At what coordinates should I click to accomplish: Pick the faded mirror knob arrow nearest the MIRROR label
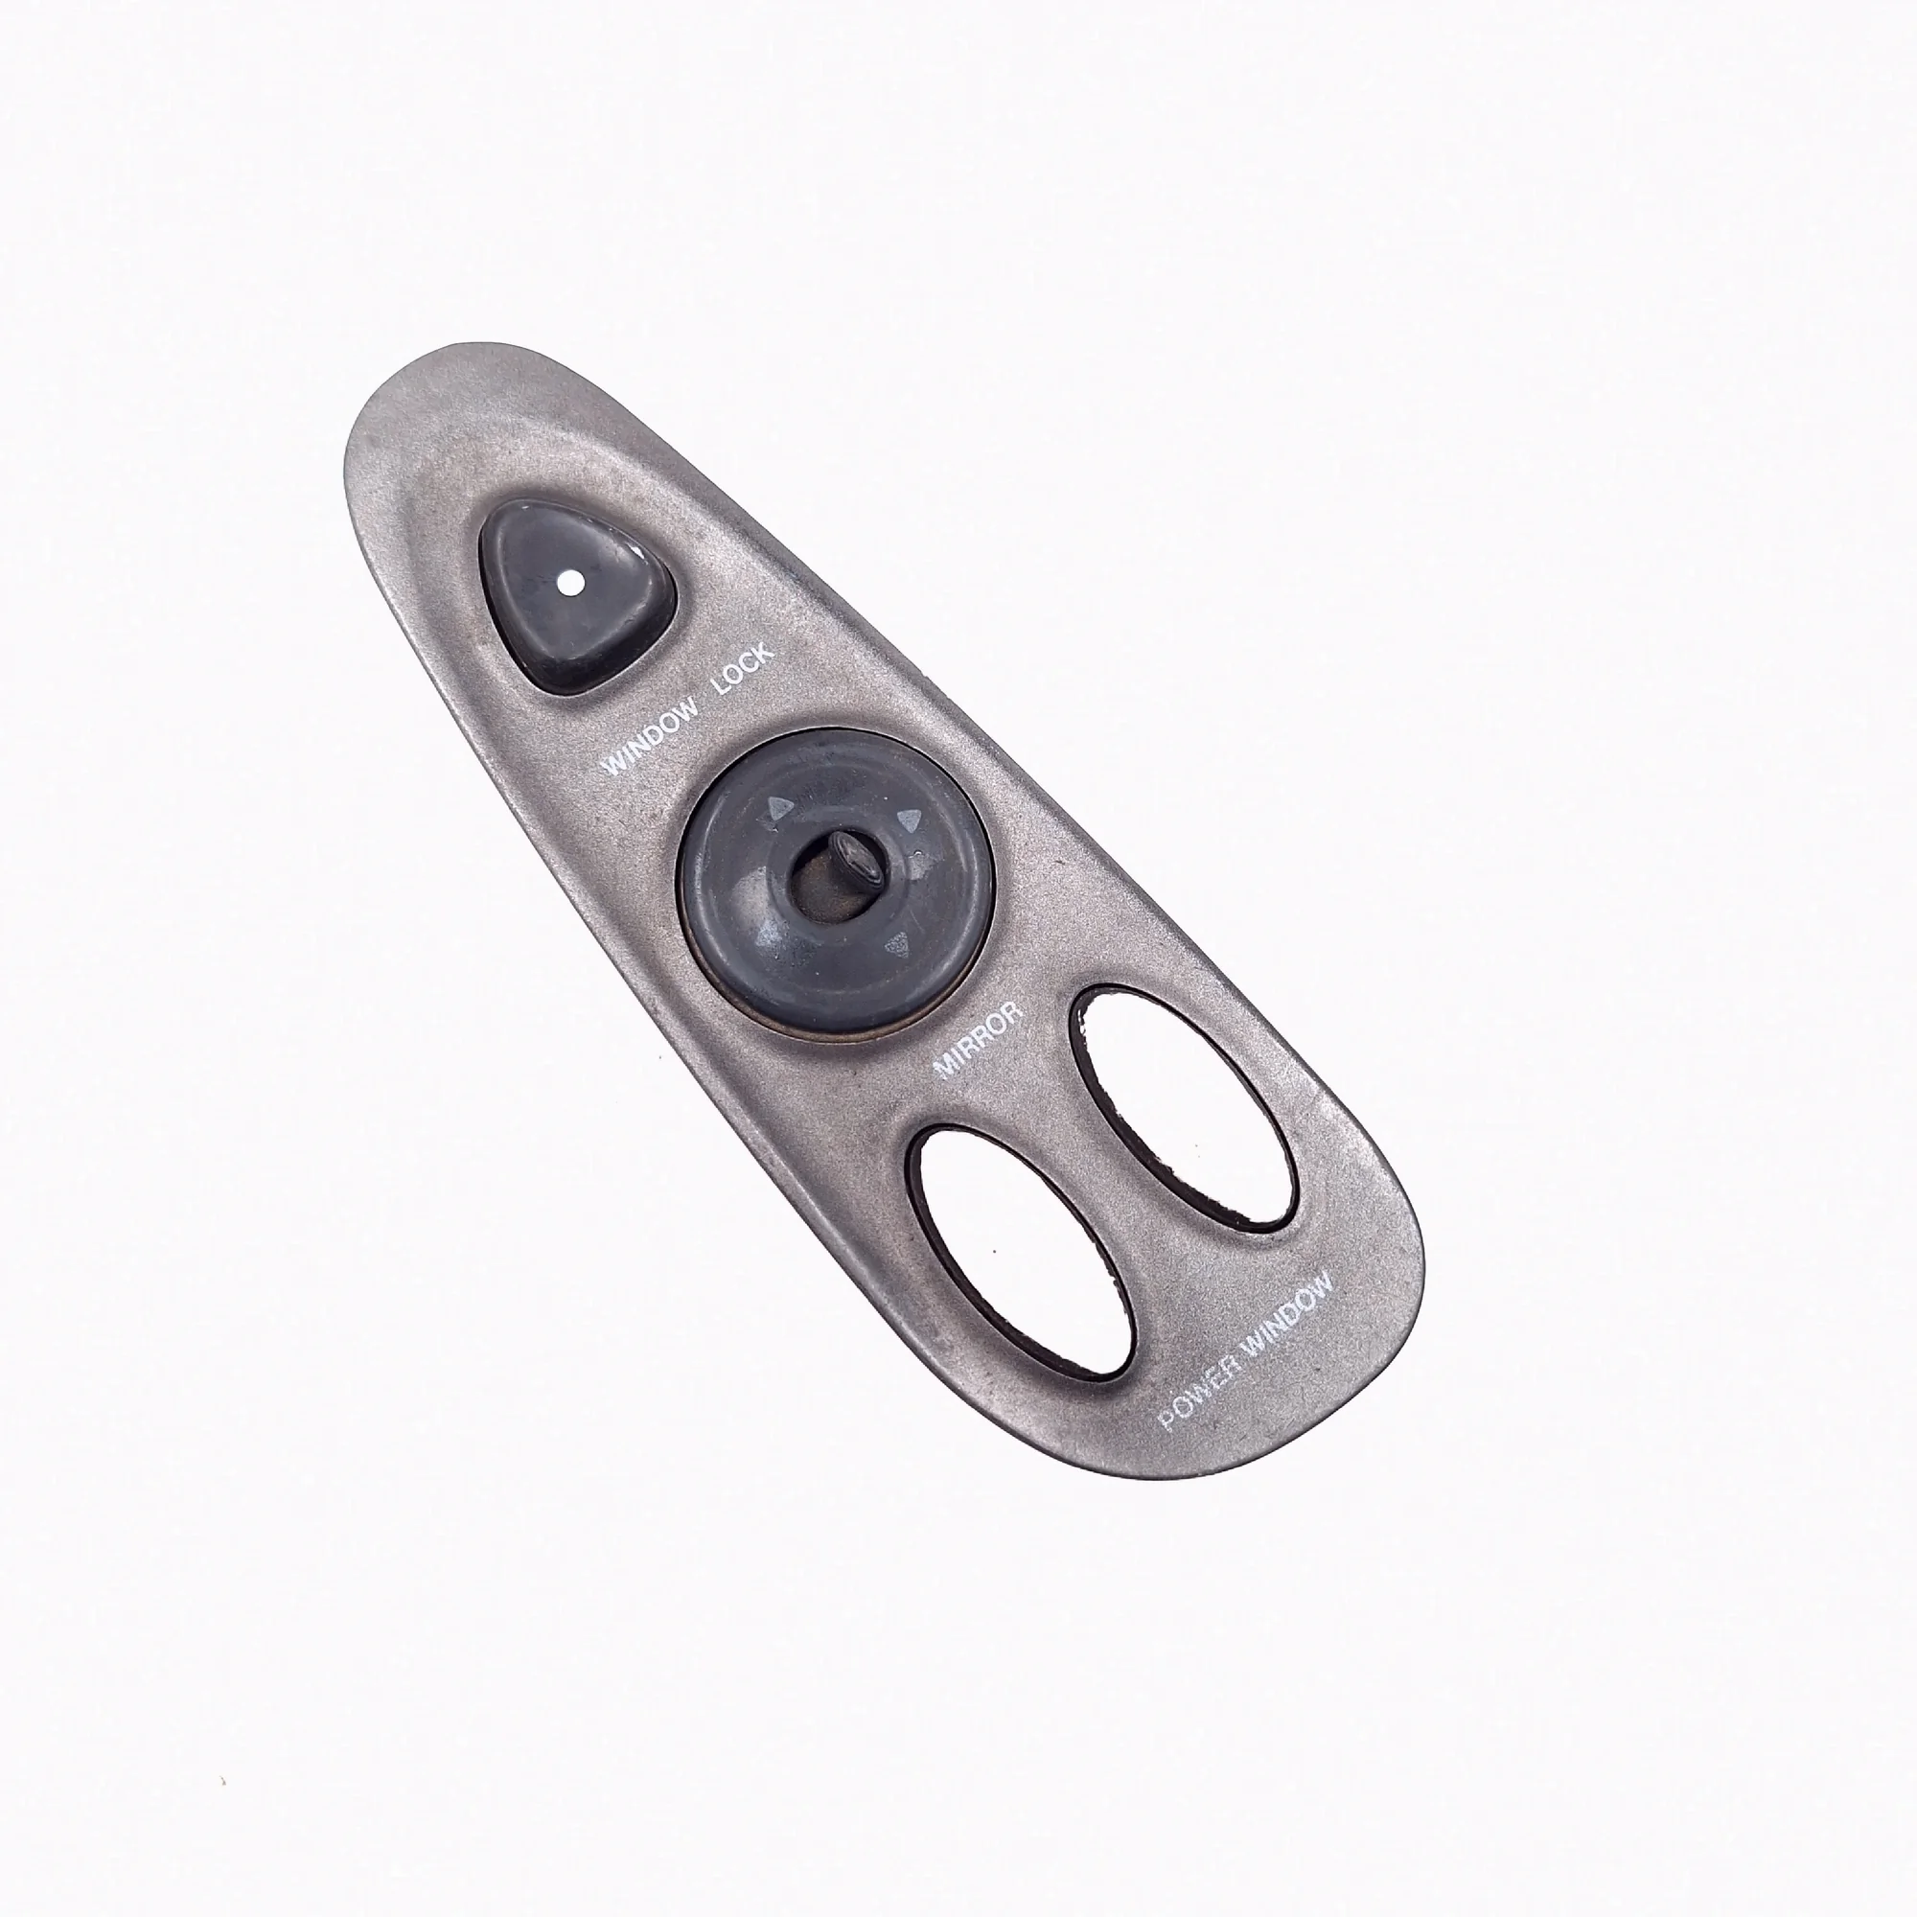897,941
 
